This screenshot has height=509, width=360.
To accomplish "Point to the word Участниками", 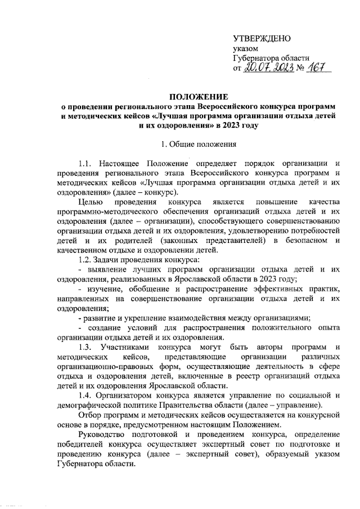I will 130,347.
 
